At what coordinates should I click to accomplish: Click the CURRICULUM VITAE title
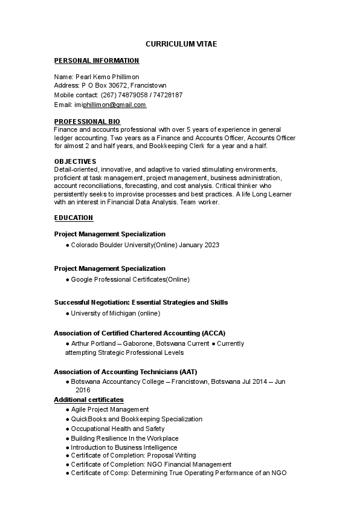(x=181, y=44)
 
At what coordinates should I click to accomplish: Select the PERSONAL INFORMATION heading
(x=97, y=60)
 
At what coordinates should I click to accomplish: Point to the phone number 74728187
(x=170, y=95)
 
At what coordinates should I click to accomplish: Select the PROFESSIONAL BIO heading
(x=87, y=122)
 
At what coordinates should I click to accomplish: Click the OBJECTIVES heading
(x=75, y=161)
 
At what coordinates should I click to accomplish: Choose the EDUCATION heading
(x=74, y=218)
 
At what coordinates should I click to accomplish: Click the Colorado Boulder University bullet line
(x=145, y=245)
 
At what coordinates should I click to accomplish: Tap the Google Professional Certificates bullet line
(x=130, y=279)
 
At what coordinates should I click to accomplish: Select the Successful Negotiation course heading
(x=141, y=302)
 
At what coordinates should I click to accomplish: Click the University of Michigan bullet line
(x=115, y=313)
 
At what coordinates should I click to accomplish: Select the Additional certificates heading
(x=89, y=400)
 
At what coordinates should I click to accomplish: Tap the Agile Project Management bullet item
(x=109, y=409)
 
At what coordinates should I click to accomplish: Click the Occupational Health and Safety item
(x=117, y=429)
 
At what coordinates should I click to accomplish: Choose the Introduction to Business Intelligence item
(x=124, y=447)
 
